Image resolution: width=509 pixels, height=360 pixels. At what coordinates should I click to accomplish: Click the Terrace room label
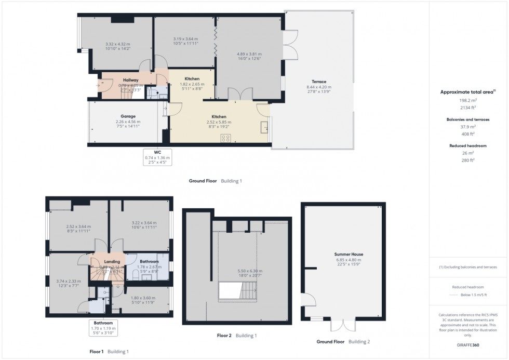pyautogui.click(x=319, y=82)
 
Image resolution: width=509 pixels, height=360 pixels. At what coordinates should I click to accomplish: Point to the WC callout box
pyautogui.click(x=157, y=156)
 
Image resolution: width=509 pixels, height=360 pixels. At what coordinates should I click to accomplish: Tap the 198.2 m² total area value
pyautogui.click(x=467, y=101)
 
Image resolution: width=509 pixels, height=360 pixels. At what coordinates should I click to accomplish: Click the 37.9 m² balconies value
pyautogui.click(x=467, y=126)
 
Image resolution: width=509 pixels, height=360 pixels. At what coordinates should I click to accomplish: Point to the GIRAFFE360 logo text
pyautogui.click(x=467, y=344)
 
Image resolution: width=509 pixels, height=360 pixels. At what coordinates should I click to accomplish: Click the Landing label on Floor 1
pyautogui.click(x=112, y=261)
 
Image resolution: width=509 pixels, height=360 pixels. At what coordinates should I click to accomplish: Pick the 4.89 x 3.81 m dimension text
pyautogui.click(x=249, y=54)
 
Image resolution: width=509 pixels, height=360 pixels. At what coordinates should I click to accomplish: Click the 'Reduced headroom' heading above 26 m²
pyautogui.click(x=467, y=146)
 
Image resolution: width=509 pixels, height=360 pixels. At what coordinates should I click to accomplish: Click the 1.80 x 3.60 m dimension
pyautogui.click(x=141, y=297)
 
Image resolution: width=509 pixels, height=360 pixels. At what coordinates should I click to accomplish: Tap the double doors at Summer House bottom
pyautogui.click(x=340, y=324)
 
